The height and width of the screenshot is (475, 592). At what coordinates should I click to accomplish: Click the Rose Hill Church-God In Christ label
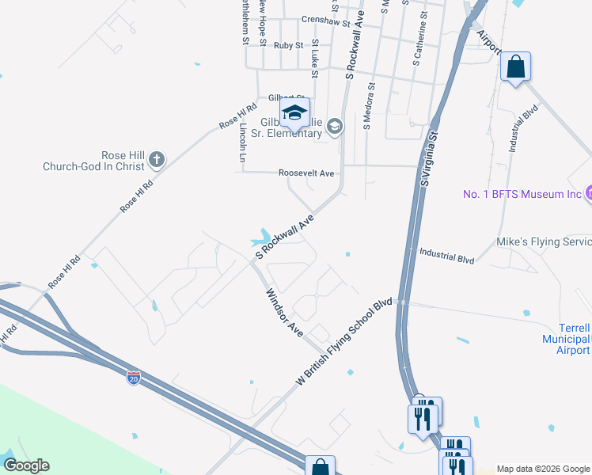tap(95, 161)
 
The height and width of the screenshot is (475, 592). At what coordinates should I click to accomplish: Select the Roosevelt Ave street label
tap(306, 173)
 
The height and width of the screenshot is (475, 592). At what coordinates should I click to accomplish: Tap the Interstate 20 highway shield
tap(135, 378)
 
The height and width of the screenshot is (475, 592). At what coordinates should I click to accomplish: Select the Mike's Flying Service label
tap(543, 241)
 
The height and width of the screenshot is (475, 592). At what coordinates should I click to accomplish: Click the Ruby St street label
tap(288, 46)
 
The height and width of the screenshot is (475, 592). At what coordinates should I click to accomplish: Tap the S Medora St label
tap(367, 104)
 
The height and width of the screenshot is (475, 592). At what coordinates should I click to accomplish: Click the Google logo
tap(26, 465)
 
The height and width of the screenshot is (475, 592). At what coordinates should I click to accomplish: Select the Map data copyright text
tap(543, 469)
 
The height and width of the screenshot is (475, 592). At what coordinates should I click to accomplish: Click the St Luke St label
tap(314, 59)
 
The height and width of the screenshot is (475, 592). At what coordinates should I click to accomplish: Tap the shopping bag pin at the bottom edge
tap(319, 467)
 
